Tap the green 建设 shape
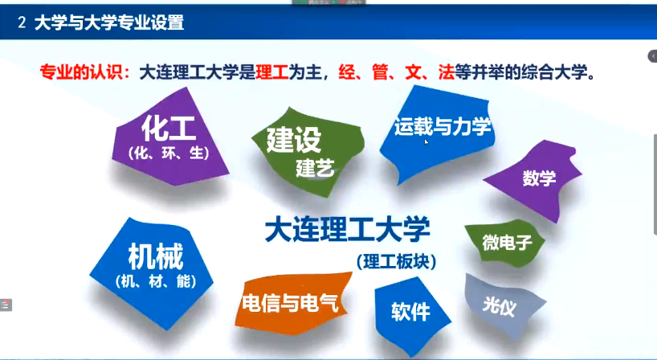tap(308, 152)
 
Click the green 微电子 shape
tap(505, 243)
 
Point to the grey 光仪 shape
tap(503, 306)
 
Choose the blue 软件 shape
tap(410, 313)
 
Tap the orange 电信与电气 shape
tap(292, 303)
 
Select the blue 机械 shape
tap(152, 272)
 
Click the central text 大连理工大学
tap(347, 229)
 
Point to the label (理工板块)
tap(397, 261)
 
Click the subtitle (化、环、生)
tap(169, 153)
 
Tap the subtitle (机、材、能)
tap(156, 280)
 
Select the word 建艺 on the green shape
tap(315, 169)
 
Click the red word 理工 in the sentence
tap(272, 72)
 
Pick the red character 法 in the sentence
tap(447, 72)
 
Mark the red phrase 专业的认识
tap(82, 72)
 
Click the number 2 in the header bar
tap(22, 22)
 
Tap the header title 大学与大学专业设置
tap(109, 22)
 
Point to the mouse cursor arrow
tap(426, 142)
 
